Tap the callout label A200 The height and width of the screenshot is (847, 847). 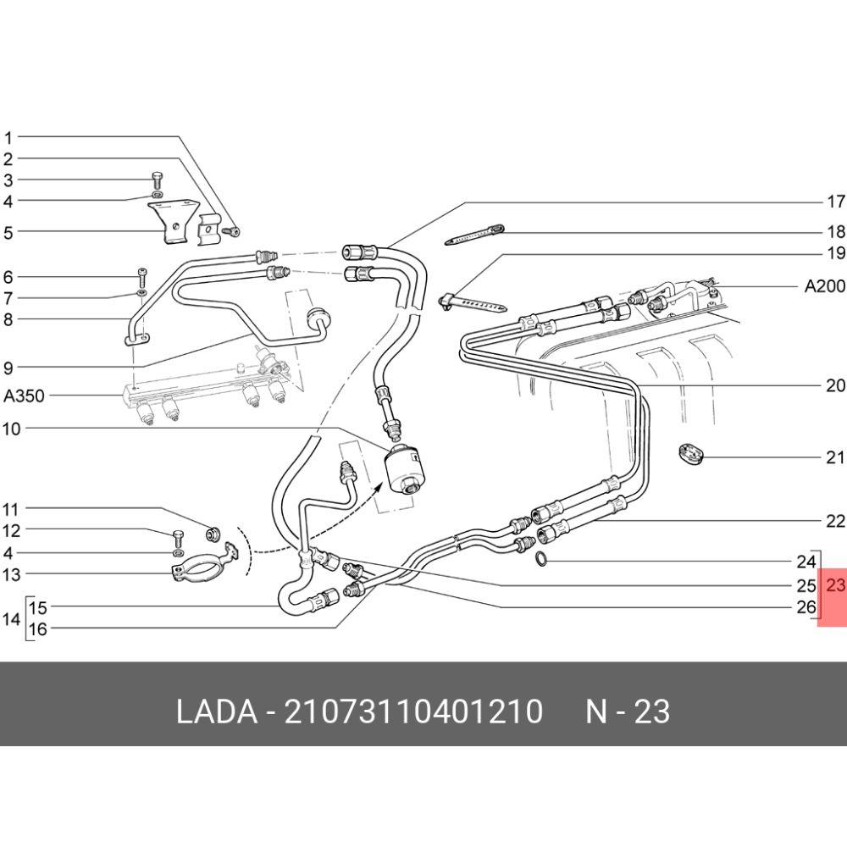click(825, 285)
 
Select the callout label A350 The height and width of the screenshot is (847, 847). click(24, 396)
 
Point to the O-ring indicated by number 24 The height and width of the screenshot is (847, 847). click(541, 560)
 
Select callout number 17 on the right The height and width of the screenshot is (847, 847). click(836, 202)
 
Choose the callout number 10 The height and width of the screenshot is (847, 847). click(11, 429)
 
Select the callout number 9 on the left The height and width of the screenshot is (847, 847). click(8, 368)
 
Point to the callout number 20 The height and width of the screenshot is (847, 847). click(836, 385)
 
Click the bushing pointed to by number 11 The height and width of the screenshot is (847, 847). click(213, 533)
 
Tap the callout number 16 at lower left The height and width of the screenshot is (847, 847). click(38, 628)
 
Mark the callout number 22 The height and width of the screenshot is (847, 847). click(836, 521)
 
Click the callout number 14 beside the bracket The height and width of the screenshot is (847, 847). click(11, 618)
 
